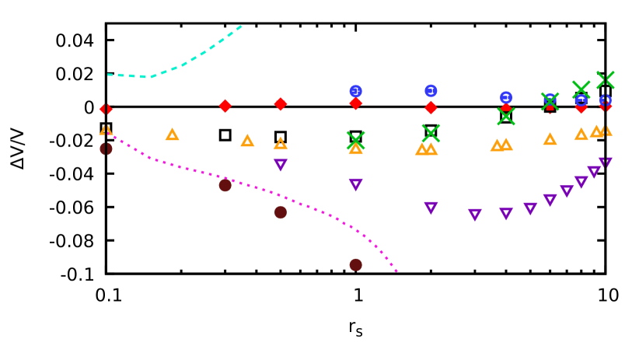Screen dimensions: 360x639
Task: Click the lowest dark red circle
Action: coord(355,264)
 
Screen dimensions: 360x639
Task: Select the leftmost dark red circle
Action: coord(106,149)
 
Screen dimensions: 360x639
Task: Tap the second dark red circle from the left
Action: coord(225,185)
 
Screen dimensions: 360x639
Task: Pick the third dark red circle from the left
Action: coord(281,212)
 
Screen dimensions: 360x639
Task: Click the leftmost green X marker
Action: coord(355,140)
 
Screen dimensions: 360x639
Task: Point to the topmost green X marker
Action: coord(606,80)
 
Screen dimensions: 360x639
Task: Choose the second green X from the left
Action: coord(431,133)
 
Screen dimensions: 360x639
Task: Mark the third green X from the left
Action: coord(506,116)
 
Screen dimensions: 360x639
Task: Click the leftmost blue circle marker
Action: coord(355,91)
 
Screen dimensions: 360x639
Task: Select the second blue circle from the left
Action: coord(431,91)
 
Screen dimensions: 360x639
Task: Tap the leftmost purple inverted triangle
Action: coord(281,165)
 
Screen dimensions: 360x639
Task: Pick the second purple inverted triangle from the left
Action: coord(355,184)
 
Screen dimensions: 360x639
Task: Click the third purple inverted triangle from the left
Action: coord(431,208)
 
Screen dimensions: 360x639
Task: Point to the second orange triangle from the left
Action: coord(172,135)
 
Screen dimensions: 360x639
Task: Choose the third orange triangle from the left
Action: coord(247,141)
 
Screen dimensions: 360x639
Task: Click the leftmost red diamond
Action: coord(106,110)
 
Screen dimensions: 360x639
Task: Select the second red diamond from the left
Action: coord(225,106)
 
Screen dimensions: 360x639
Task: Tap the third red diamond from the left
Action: coord(281,104)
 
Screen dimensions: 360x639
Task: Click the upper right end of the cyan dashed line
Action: coord(242,26)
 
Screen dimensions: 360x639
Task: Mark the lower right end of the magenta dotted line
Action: coord(397,271)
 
